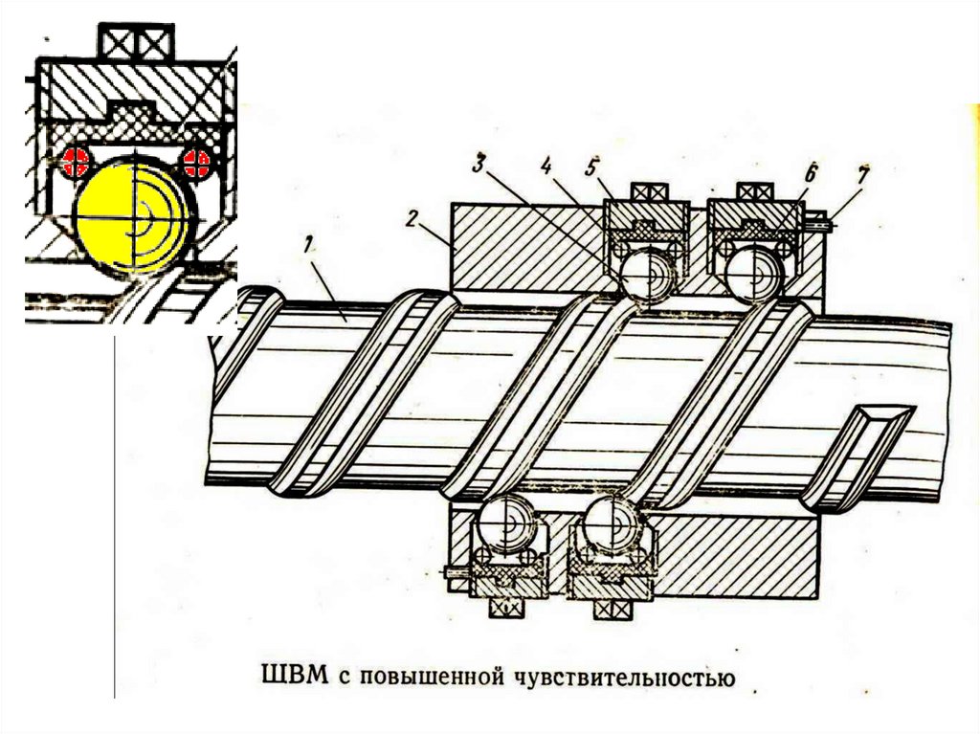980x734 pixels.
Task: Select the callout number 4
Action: coord(546,165)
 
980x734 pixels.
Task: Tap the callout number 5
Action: coord(592,165)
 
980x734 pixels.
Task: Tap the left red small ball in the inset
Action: coord(73,163)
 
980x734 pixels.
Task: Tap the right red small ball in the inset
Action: coord(198,163)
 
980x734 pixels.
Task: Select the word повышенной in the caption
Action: coord(421,678)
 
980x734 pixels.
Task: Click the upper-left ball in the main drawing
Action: coord(647,273)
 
